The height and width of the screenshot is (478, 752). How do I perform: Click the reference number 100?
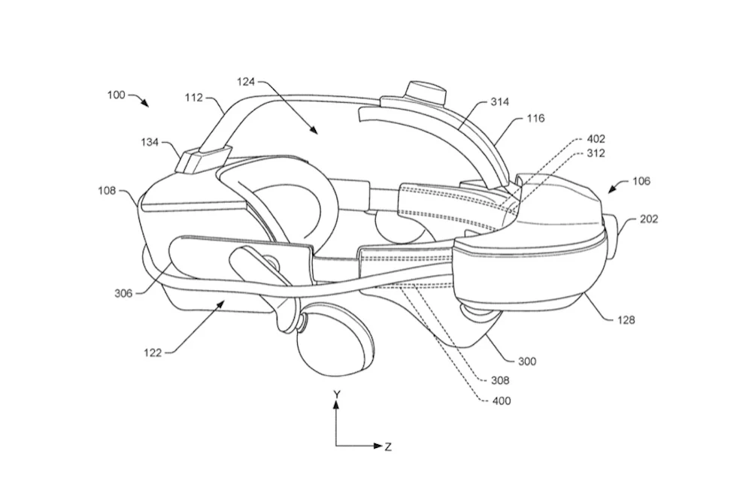(x=116, y=95)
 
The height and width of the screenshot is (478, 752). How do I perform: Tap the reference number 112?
(x=194, y=98)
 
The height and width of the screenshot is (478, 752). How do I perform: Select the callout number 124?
(x=246, y=81)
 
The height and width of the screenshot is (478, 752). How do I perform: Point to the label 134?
(x=150, y=142)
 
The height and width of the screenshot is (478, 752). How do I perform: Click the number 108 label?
(x=107, y=191)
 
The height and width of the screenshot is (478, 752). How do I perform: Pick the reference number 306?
(x=123, y=293)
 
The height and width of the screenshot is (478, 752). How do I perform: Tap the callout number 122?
(x=153, y=353)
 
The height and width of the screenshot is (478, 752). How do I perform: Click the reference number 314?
(x=500, y=101)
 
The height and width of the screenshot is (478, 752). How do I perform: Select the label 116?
(x=535, y=118)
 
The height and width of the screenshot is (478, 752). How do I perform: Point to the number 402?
(x=596, y=139)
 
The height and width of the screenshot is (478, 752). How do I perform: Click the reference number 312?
(x=596, y=153)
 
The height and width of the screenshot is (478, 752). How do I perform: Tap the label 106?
(x=641, y=181)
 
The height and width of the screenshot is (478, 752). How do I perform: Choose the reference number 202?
(x=650, y=219)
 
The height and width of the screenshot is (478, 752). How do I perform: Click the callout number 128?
(x=626, y=319)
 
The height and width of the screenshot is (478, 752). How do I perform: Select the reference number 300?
(x=527, y=361)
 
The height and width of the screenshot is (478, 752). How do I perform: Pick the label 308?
(x=500, y=381)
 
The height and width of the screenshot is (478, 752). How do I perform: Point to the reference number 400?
(x=502, y=401)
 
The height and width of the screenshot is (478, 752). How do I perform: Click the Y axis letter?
(x=337, y=395)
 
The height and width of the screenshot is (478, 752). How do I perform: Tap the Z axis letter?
(x=388, y=447)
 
